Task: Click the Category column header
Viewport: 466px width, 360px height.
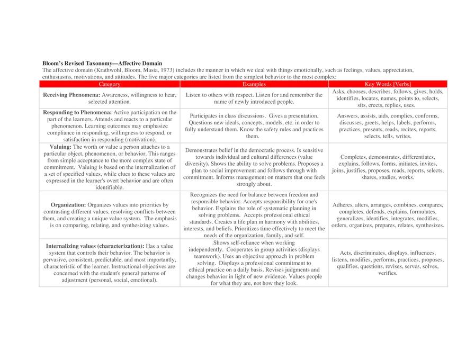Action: [x=110, y=84]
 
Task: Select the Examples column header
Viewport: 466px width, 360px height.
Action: [x=254, y=84]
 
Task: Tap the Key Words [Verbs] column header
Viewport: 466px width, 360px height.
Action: [x=388, y=84]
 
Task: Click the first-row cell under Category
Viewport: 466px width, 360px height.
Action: [x=110, y=97]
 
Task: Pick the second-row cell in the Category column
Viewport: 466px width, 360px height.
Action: [x=110, y=125]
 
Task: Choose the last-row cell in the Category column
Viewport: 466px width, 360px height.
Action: [x=110, y=263]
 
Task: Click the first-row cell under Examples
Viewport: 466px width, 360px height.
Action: [x=254, y=97]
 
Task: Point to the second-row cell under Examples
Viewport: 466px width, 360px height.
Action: [x=254, y=125]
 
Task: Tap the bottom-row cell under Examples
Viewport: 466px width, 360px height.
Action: [x=254, y=263]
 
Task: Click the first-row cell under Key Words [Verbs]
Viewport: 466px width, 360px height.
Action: [x=388, y=97]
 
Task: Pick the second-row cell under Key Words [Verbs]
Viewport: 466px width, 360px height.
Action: [x=388, y=125]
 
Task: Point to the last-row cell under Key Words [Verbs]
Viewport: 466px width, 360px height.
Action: [x=388, y=263]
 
